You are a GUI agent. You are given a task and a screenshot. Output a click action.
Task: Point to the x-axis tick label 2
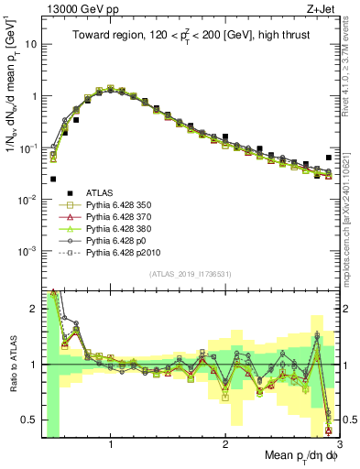coord(225,438)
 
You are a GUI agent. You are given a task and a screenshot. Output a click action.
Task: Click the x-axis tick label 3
coord(338,438)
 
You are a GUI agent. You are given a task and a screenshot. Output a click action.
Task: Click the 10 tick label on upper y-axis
coord(29,43)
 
